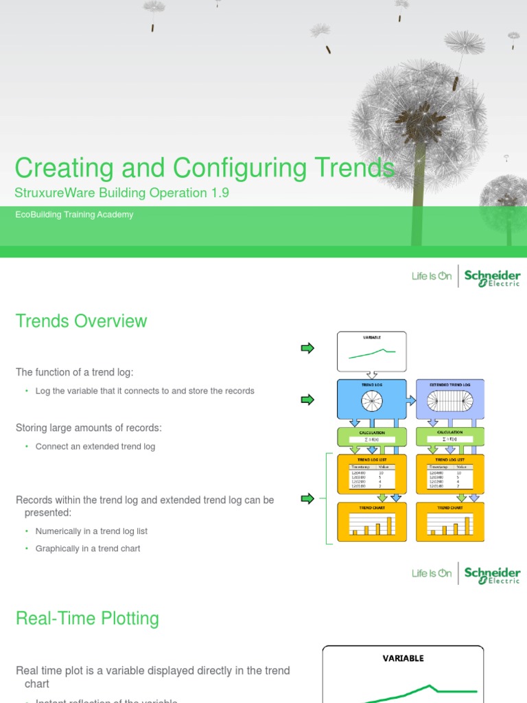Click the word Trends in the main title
point(355,168)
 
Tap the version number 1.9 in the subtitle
point(220,193)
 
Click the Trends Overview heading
point(81,321)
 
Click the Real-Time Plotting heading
point(87,619)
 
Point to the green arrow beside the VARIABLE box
point(307,348)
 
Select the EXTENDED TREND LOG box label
point(449,385)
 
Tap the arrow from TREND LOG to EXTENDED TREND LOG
point(411,399)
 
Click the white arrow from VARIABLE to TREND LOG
point(371,375)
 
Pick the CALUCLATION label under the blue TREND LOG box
point(371,433)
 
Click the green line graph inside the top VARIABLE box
point(371,354)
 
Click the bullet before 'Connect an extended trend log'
point(27,447)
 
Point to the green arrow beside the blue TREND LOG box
point(307,400)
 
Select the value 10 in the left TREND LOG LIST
point(381,472)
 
